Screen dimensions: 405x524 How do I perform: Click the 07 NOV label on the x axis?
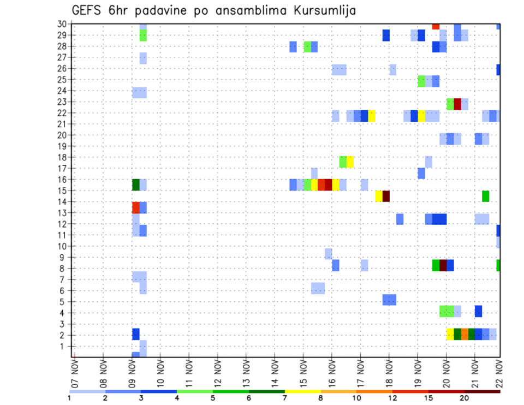click(x=74, y=373)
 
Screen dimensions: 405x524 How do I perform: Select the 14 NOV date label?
click(x=274, y=373)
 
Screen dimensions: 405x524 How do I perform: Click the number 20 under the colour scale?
click(x=464, y=398)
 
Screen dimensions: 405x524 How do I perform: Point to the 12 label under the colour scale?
click(x=392, y=398)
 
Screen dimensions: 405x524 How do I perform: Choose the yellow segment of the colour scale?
click(x=302, y=391)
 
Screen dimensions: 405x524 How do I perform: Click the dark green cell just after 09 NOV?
click(x=136, y=185)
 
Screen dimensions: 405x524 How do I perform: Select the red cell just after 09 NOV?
click(x=136, y=207)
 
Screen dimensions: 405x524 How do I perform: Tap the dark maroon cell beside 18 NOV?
click(x=386, y=196)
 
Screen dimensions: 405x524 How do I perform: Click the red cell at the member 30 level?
click(x=436, y=26)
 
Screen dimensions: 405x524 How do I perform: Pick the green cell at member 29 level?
click(x=143, y=35)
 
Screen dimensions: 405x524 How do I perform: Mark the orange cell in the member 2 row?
click(x=465, y=334)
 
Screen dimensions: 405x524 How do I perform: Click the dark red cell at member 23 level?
click(x=457, y=104)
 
